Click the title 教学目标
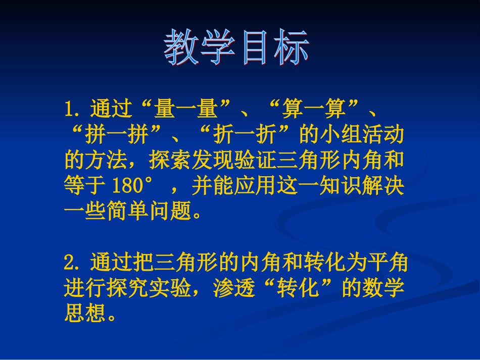(236, 49)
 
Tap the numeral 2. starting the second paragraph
(73, 263)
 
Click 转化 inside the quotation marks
(299, 289)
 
